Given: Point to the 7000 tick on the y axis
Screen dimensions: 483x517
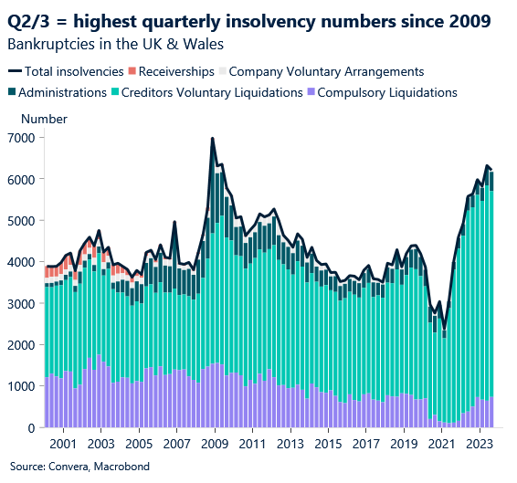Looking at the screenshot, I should [22, 138].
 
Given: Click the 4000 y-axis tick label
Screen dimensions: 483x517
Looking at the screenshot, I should [22, 262].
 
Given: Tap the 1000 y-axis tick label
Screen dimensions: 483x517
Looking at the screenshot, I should [22, 386].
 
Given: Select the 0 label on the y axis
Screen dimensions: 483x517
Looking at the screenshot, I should [31, 427].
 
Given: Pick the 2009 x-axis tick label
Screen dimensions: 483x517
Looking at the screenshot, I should [214, 445].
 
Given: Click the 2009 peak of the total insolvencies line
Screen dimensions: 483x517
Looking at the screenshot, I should [213, 139].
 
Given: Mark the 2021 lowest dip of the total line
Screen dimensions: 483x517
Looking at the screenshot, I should [445, 329].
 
